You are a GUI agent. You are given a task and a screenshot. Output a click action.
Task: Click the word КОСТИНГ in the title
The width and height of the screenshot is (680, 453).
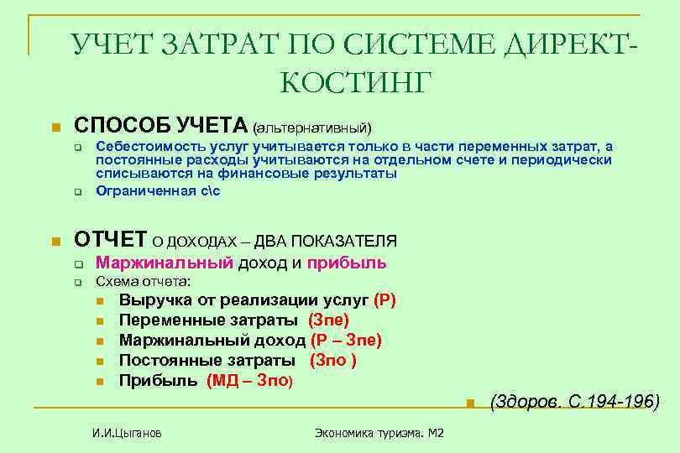pyautogui.click(x=353, y=82)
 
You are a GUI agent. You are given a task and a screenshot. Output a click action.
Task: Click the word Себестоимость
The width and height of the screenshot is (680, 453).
pyautogui.click(x=144, y=147)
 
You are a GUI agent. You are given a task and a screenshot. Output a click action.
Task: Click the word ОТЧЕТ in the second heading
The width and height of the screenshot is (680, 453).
pyautogui.click(x=111, y=239)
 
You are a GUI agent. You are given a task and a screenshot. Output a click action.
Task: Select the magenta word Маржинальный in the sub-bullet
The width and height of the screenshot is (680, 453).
pyautogui.click(x=164, y=263)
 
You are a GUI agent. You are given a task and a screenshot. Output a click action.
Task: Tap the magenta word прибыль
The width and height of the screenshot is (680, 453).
pyautogui.click(x=347, y=263)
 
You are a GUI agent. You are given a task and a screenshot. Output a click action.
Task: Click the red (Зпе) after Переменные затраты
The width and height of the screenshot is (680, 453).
pyautogui.click(x=328, y=320)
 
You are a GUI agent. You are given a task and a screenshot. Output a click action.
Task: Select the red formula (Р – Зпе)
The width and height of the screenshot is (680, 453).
pyautogui.click(x=346, y=340)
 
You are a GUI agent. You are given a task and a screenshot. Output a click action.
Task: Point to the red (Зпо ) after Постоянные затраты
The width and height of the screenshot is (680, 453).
pyautogui.click(x=333, y=360)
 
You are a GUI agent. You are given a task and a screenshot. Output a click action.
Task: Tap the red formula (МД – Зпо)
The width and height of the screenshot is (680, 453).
pyautogui.click(x=249, y=380)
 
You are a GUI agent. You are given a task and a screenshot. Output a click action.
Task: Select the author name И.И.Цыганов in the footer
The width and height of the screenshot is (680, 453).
pyautogui.click(x=126, y=433)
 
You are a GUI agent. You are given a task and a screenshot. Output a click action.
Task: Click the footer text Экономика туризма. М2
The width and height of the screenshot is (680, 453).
pyautogui.click(x=379, y=433)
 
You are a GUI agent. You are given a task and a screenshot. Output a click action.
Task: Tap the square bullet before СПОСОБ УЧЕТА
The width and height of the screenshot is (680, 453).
pyautogui.click(x=55, y=128)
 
